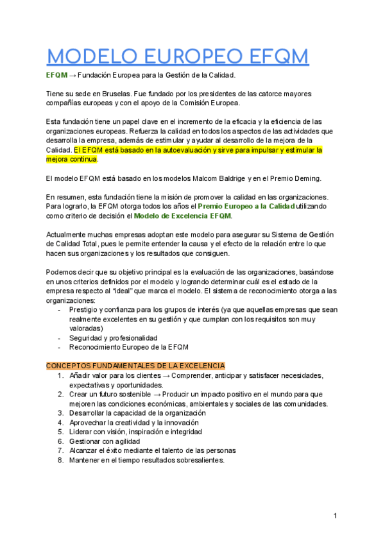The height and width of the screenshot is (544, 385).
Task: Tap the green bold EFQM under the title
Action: click(x=56, y=75)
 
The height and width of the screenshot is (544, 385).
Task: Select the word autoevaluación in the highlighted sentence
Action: click(x=189, y=149)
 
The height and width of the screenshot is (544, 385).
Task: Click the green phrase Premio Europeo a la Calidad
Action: click(x=246, y=207)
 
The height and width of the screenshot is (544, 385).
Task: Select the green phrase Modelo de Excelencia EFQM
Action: click(x=182, y=216)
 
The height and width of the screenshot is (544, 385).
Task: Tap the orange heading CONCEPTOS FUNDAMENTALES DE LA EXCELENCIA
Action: click(x=135, y=366)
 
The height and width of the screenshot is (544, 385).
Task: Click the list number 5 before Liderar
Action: click(x=60, y=432)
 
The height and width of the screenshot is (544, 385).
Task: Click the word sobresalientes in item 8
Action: click(x=196, y=460)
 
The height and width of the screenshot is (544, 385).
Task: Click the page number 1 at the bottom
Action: click(x=335, y=516)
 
